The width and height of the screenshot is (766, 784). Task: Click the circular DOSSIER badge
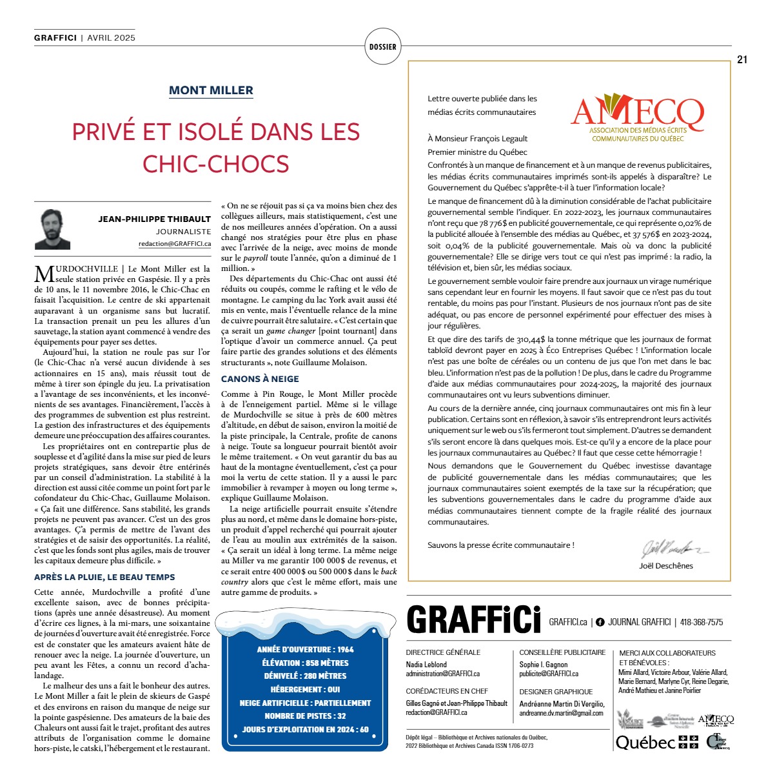pos(382,46)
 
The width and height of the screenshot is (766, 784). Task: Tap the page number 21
pos(742,59)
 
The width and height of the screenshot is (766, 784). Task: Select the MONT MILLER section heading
pos(211,90)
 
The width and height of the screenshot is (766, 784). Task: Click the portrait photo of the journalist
pos(52,229)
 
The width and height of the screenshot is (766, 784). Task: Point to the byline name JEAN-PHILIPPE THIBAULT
pos(154,219)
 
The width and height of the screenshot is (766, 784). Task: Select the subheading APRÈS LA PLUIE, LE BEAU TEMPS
pos(104,577)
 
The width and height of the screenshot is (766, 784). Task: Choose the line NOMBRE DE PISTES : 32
pos(305,716)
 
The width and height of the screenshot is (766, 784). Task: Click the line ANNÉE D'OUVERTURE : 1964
pos(305,649)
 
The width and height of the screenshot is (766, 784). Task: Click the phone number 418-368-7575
pos(702,622)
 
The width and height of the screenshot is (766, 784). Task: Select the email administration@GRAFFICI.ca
pos(442,674)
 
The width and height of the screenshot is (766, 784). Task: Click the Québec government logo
pos(656,742)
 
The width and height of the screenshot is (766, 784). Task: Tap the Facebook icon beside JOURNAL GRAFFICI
pos(600,622)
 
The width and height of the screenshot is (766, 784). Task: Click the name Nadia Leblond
pos(426,665)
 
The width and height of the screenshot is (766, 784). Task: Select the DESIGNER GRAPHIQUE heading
pos(556,692)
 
